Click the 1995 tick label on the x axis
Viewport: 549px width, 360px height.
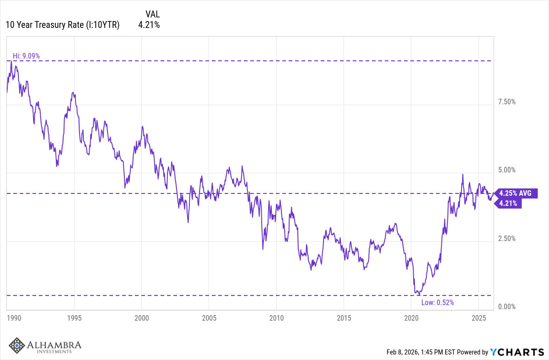pos(75,317)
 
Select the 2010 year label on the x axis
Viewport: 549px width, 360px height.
pos(276,317)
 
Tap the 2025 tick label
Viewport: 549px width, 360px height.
pos(478,317)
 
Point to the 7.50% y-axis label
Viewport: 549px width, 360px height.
pos(506,102)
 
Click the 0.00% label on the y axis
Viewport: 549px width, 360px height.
pos(506,306)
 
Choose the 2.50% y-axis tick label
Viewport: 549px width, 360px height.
pos(506,238)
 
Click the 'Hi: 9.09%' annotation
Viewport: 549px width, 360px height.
pos(26,56)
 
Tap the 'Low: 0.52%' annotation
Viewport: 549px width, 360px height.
pos(437,302)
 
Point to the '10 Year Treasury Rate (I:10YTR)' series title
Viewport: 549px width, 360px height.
pos(63,25)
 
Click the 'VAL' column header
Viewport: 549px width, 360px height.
pos(153,14)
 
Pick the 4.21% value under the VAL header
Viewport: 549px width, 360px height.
pos(149,25)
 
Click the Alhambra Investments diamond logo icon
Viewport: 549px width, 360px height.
pos(17,345)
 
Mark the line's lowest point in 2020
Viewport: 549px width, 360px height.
pos(419,295)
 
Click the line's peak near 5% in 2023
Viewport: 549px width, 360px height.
pos(463,174)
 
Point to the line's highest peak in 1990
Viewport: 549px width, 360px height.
pos(11,61)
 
